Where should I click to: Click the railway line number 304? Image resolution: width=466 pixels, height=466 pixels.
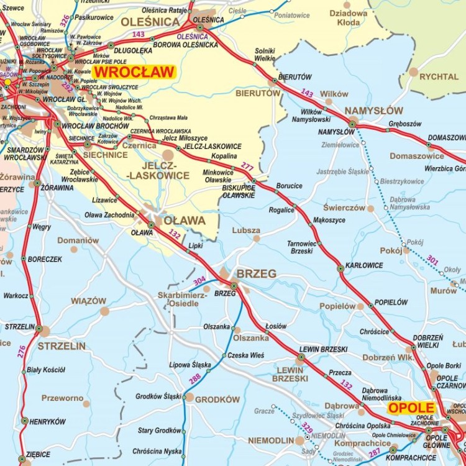(199, 281)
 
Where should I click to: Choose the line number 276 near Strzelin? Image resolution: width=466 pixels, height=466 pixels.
(22, 351)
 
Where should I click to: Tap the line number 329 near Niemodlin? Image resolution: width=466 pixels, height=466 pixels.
(308, 427)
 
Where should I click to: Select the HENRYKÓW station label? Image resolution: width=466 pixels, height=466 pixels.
(48, 421)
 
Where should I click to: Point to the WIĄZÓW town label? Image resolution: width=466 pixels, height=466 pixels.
(88, 301)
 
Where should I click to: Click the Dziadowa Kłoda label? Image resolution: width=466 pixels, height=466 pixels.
(349, 17)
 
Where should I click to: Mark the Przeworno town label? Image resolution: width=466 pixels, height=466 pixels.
(62, 398)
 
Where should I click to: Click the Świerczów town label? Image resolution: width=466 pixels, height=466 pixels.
(344, 208)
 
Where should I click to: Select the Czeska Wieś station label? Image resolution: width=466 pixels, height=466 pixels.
(245, 355)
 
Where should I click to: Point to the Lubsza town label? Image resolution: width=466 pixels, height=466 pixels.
(246, 230)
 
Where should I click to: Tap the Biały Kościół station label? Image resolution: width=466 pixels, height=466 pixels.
(46, 370)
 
